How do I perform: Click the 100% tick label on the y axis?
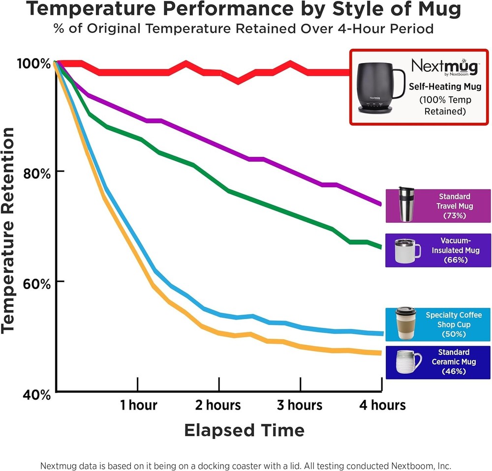pos(33,64)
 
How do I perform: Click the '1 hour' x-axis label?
pos(138,405)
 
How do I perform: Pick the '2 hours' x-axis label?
pos(218,405)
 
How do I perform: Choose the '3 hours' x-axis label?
pos(299,405)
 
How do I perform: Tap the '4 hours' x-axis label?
pos(382,405)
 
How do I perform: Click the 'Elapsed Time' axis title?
pos(244,430)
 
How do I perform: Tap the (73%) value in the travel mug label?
pos(454,215)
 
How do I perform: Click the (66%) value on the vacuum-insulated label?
pos(454,260)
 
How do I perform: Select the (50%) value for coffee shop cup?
pos(454,334)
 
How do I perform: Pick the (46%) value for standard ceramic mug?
pos(454,371)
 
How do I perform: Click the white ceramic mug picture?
pos(408,362)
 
